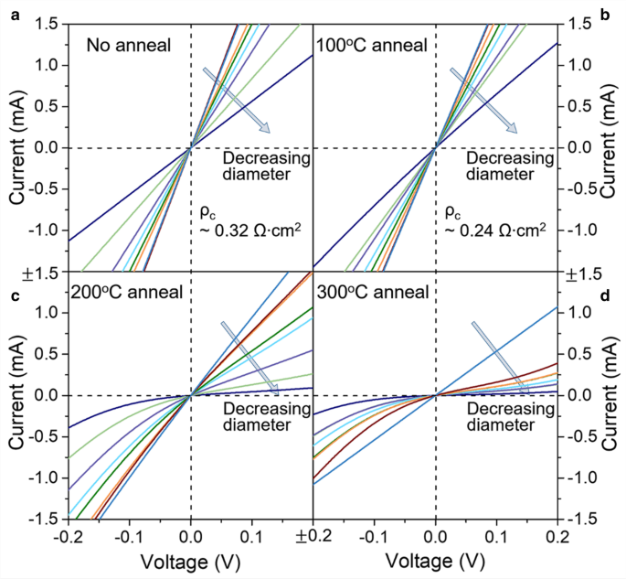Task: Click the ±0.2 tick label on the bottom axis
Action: tap(313, 534)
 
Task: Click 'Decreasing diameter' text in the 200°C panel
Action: tap(265, 416)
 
